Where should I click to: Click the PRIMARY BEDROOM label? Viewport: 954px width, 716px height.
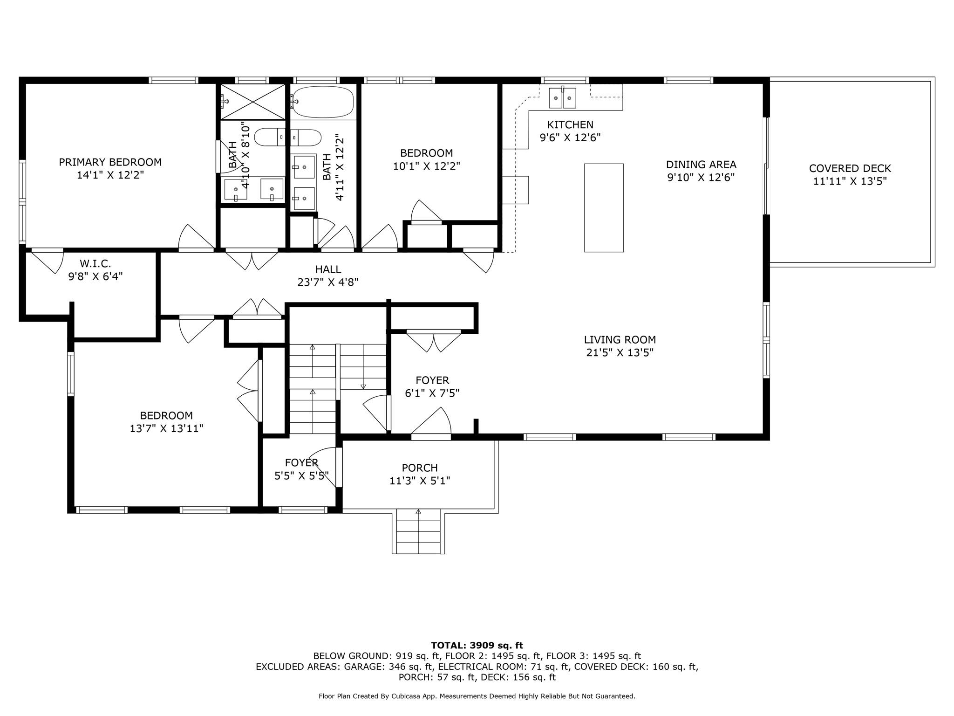pos(110,162)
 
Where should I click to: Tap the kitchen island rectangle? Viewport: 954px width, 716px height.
pos(604,208)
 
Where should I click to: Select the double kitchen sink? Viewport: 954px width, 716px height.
pos(562,98)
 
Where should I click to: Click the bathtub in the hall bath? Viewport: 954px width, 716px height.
pos(323,102)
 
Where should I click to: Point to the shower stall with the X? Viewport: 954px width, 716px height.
pos(252,102)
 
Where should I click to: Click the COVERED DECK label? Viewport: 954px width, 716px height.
pos(850,168)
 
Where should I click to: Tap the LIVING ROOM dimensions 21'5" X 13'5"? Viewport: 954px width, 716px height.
pos(620,353)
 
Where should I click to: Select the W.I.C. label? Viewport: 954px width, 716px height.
pos(95,264)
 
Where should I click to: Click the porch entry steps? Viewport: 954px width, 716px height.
pos(418,531)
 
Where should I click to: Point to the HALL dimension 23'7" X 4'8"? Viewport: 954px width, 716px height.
pos(328,282)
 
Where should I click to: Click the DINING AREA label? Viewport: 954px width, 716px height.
pos(701,165)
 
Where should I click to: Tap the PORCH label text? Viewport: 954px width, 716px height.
pos(420,468)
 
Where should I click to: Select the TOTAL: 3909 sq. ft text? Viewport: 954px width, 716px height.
pos(477,646)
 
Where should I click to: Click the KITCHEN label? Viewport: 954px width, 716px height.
pos(570,125)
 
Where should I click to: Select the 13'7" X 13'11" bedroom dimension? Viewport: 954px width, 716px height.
pos(167,428)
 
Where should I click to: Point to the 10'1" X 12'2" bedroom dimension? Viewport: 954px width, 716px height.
pos(427,166)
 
